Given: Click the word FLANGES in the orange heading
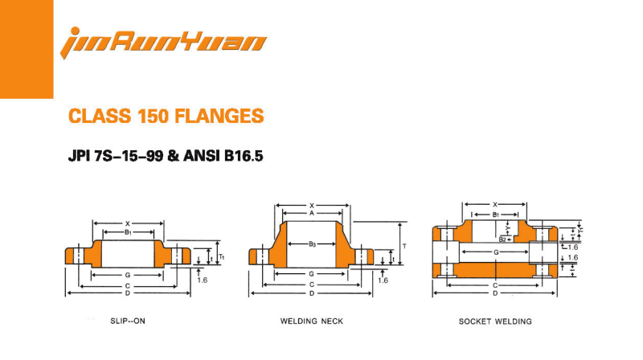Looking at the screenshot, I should [x=216, y=116].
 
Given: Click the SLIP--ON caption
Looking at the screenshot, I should [x=128, y=321].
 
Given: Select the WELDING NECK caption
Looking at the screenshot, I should [x=311, y=321].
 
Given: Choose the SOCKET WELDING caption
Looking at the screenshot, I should [x=495, y=321].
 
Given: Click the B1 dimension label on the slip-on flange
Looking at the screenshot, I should [x=128, y=233].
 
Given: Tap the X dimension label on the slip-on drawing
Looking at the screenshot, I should [x=128, y=223].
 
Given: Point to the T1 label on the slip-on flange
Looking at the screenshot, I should [x=222, y=256].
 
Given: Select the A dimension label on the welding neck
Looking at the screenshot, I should [x=311, y=213].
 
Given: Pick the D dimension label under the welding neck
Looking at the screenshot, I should [x=311, y=293].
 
